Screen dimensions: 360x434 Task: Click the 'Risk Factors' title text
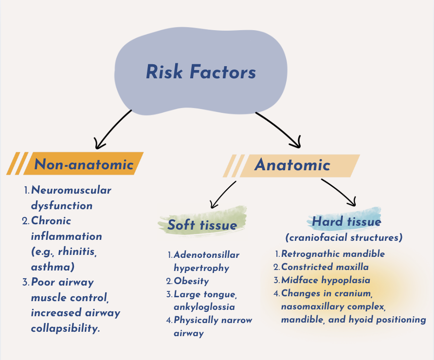(200, 72)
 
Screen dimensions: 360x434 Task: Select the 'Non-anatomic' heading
(84, 164)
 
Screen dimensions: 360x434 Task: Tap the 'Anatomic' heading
(292, 165)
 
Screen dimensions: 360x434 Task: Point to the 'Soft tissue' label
(202, 225)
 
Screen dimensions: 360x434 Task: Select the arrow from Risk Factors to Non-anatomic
(113, 129)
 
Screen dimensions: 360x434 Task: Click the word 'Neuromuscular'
(71, 190)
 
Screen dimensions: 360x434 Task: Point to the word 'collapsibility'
(65, 328)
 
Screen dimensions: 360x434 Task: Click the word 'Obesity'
(191, 281)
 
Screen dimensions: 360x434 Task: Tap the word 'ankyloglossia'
(205, 307)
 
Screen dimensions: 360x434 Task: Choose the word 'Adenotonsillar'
(206, 255)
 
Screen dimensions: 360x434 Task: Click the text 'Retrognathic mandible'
(333, 254)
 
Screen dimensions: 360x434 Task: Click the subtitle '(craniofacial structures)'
(344, 238)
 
